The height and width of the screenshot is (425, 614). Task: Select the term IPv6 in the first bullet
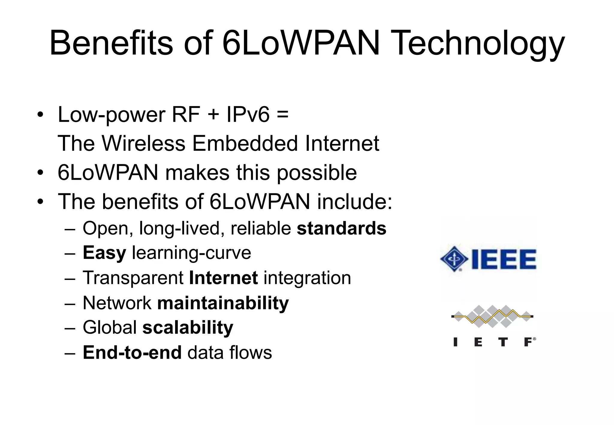pyautogui.click(x=248, y=114)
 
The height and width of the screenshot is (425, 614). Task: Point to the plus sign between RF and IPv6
pyautogui.click(x=213, y=115)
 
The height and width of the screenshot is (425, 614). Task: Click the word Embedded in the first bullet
pyautogui.click(x=245, y=143)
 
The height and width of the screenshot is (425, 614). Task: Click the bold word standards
pyautogui.click(x=341, y=228)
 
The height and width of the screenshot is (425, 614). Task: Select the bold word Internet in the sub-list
pyautogui.click(x=223, y=278)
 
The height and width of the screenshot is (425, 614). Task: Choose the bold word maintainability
pyautogui.click(x=223, y=303)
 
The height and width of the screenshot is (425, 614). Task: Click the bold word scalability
pyautogui.click(x=188, y=328)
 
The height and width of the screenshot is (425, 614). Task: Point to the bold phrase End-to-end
pyautogui.click(x=132, y=352)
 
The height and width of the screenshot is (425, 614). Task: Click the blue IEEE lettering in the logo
pyautogui.click(x=504, y=259)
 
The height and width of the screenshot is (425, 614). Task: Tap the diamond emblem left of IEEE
pyautogui.click(x=454, y=259)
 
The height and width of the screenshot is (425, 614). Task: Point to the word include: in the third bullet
pyautogui.click(x=355, y=202)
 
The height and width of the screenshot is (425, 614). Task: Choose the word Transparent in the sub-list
pyautogui.click(x=133, y=278)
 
